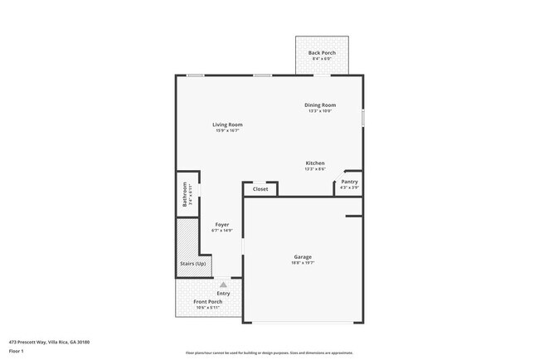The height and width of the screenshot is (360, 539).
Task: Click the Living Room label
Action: pyautogui.click(x=227, y=124)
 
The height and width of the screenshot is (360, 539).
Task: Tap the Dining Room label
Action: pyautogui.click(x=320, y=105)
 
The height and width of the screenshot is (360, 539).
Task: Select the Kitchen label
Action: pyautogui.click(x=315, y=163)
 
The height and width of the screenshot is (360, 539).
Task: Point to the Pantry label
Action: pyautogui.click(x=350, y=182)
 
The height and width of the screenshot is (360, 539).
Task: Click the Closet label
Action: pyautogui.click(x=260, y=189)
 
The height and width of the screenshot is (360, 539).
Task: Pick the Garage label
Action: pyautogui.click(x=302, y=257)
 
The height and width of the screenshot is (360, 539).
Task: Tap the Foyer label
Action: pyautogui.click(x=222, y=224)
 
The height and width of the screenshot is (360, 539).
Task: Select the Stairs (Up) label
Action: pyautogui.click(x=193, y=264)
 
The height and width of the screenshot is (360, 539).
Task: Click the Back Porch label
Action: pyautogui.click(x=322, y=53)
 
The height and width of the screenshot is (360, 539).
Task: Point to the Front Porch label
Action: pyautogui.click(x=208, y=302)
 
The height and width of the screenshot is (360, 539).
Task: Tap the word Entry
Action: pyautogui.click(x=224, y=294)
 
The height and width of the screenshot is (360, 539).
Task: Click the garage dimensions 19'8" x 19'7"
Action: pyautogui.click(x=303, y=263)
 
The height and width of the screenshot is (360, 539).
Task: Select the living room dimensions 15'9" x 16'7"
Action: pyautogui.click(x=227, y=130)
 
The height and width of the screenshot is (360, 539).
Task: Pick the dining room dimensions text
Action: pyautogui.click(x=320, y=110)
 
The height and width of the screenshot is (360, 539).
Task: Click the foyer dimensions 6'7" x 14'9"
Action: pyautogui.click(x=222, y=230)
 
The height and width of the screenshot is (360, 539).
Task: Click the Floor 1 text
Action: pyautogui.click(x=17, y=350)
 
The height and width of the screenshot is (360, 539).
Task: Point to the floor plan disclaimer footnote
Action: pyautogui.click(x=269, y=353)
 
